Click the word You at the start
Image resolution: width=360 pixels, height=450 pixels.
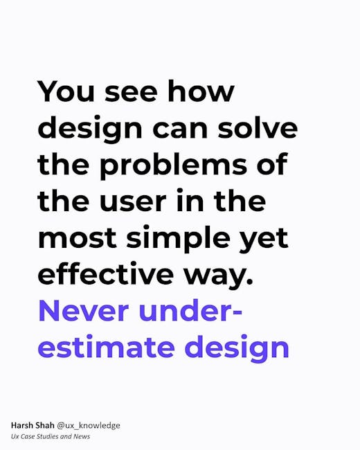coord(66,91)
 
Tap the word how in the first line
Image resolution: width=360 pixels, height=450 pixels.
coord(201,91)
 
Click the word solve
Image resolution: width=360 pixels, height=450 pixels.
coord(258,127)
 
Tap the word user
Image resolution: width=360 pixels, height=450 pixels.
coord(133,201)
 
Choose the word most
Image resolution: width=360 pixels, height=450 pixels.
coord(78,238)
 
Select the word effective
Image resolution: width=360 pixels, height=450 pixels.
coord(106,273)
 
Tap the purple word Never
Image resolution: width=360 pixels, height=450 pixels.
coord(83,311)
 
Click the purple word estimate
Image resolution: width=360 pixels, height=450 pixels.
coord(106,347)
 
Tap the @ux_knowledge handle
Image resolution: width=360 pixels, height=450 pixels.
coord(89,426)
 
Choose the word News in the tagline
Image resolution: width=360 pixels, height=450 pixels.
coord(82,437)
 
